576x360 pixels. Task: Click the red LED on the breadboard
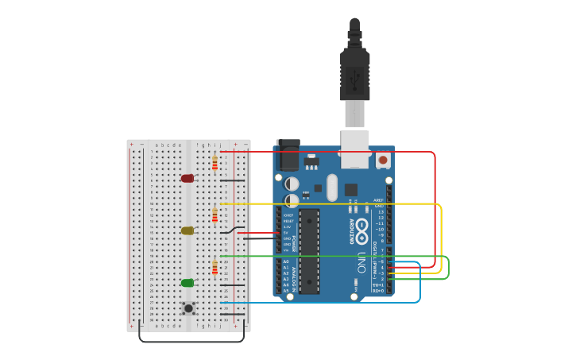click(x=187, y=179)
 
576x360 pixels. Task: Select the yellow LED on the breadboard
click(x=187, y=230)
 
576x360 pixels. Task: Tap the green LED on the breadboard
click(x=187, y=283)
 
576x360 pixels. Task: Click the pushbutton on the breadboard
click(x=188, y=308)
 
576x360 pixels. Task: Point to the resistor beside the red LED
click(x=215, y=163)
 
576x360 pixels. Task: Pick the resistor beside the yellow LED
click(x=215, y=215)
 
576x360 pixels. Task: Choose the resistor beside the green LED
click(x=215, y=267)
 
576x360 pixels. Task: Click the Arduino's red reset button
click(x=383, y=160)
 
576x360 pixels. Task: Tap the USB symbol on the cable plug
click(x=355, y=79)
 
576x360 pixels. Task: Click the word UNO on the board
click(x=361, y=262)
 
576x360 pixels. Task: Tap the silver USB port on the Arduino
click(x=355, y=149)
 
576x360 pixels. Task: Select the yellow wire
click(x=441, y=238)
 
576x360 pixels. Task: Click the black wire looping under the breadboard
click(x=191, y=342)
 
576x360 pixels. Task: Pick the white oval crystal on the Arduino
click(x=332, y=188)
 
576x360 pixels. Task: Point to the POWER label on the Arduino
click(x=295, y=242)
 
